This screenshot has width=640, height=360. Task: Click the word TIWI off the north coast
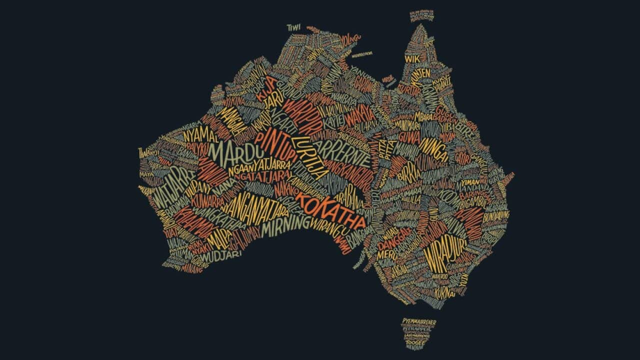[x=293, y=27]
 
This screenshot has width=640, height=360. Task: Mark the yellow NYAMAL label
[x=199, y=134]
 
